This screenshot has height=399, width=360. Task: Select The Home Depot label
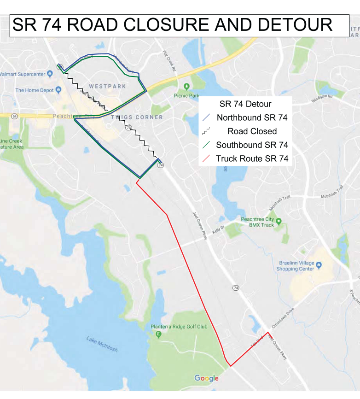coord(35,90)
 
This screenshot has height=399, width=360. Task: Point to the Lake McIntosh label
coord(102,344)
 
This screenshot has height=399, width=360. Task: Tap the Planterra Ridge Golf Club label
coord(179,327)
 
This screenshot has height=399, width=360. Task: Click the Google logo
coord(206,378)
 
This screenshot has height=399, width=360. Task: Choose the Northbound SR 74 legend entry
coord(252,117)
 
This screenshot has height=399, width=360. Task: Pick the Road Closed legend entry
coord(252,131)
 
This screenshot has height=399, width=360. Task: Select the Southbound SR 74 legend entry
coord(252,145)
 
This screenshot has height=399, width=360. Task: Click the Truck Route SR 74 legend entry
coord(252,159)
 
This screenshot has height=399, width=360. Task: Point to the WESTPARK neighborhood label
coord(107,86)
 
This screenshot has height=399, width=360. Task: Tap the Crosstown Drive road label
coord(282,317)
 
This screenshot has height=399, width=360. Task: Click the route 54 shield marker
coord(15,117)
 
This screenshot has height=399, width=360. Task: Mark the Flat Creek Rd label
coord(169,61)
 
